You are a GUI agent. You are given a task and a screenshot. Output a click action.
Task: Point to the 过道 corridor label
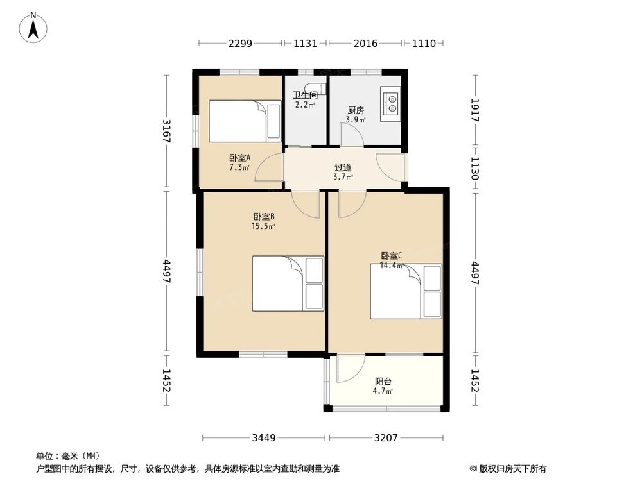click(343, 167)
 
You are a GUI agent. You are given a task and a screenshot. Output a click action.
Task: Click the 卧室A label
click(239, 157)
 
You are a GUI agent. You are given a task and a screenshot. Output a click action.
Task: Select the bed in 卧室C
click(406, 291)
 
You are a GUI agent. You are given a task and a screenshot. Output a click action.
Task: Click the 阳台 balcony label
click(383, 380)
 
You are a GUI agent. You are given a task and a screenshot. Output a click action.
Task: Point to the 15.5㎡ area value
click(263, 226)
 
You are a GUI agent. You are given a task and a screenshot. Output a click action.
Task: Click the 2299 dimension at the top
click(240, 44)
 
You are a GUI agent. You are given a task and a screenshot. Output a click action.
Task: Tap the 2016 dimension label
click(365, 44)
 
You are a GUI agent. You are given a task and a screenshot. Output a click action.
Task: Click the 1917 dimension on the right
click(476, 110)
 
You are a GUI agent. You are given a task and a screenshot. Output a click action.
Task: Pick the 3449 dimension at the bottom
click(263, 438)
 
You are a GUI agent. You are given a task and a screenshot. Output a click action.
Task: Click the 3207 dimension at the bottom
click(386, 438)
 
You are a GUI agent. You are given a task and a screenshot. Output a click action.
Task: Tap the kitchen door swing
click(350, 135)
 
